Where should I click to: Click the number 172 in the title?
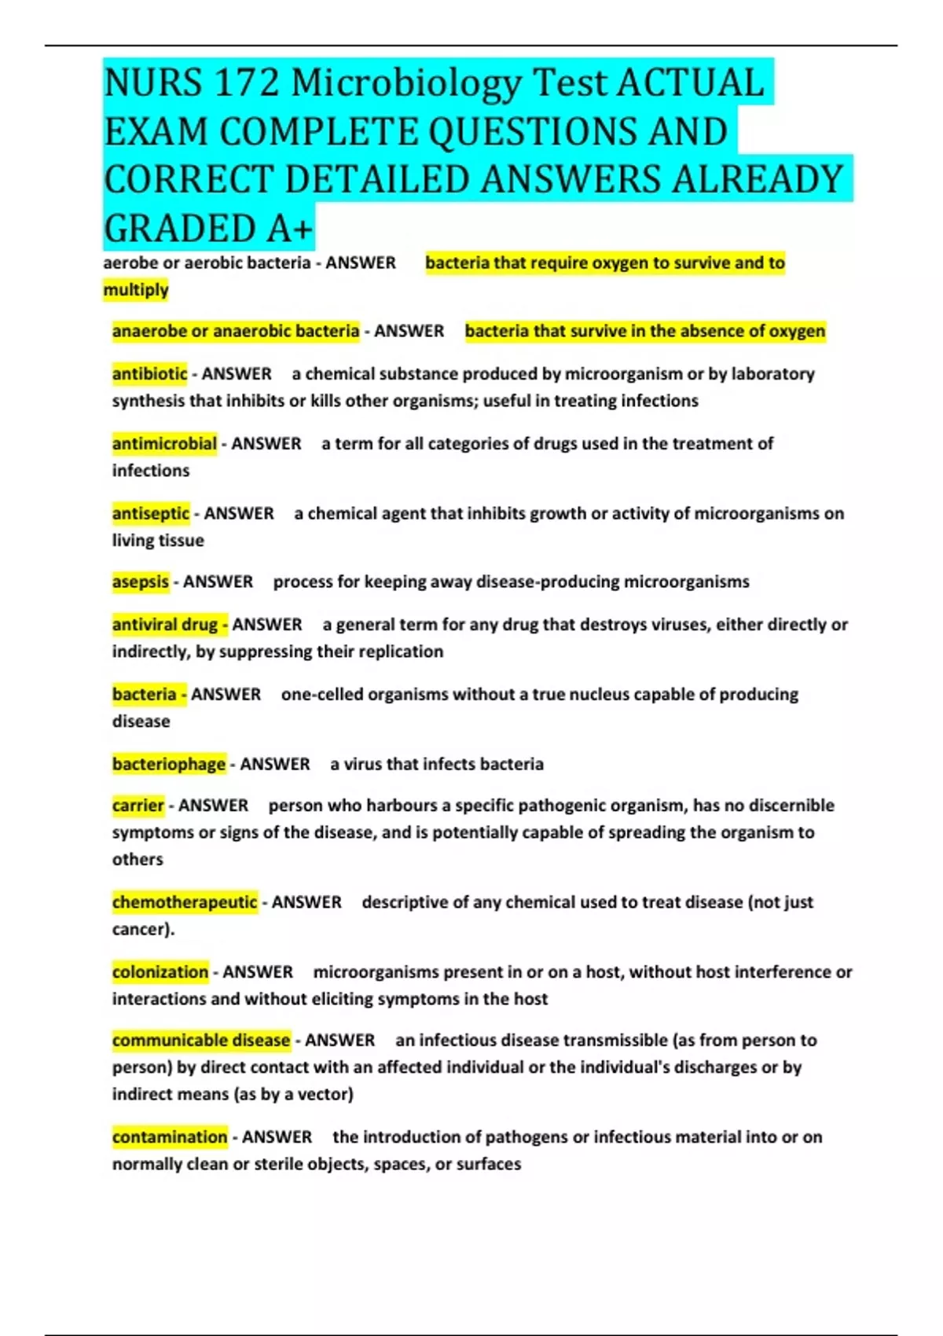click(x=246, y=83)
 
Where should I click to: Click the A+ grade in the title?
click(x=289, y=229)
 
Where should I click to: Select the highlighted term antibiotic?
click(x=149, y=374)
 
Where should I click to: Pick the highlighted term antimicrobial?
click(x=164, y=444)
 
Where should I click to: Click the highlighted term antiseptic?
click(x=150, y=514)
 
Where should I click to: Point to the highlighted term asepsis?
click(x=140, y=582)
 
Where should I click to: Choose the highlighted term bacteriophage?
click(x=169, y=765)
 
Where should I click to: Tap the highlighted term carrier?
click(x=138, y=806)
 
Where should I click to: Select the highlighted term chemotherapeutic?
click(x=185, y=902)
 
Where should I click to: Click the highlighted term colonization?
click(x=160, y=972)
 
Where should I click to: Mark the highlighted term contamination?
click(x=170, y=1137)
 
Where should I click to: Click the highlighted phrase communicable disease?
click(x=201, y=1041)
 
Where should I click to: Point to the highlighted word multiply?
click(x=136, y=290)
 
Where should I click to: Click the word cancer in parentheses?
click(x=140, y=930)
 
